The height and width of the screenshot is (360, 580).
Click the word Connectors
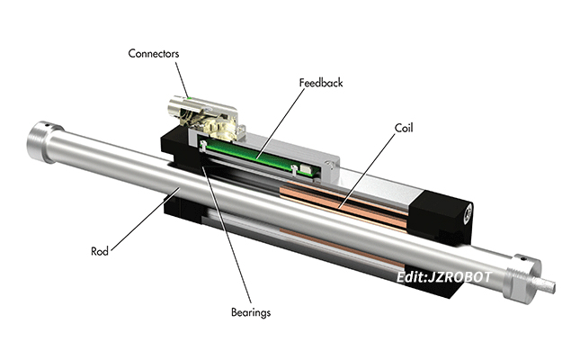153,54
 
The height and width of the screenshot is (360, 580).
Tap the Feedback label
320,83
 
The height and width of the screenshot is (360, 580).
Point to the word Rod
100,251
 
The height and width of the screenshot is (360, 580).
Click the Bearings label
249,313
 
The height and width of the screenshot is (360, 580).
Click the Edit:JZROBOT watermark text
444,277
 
